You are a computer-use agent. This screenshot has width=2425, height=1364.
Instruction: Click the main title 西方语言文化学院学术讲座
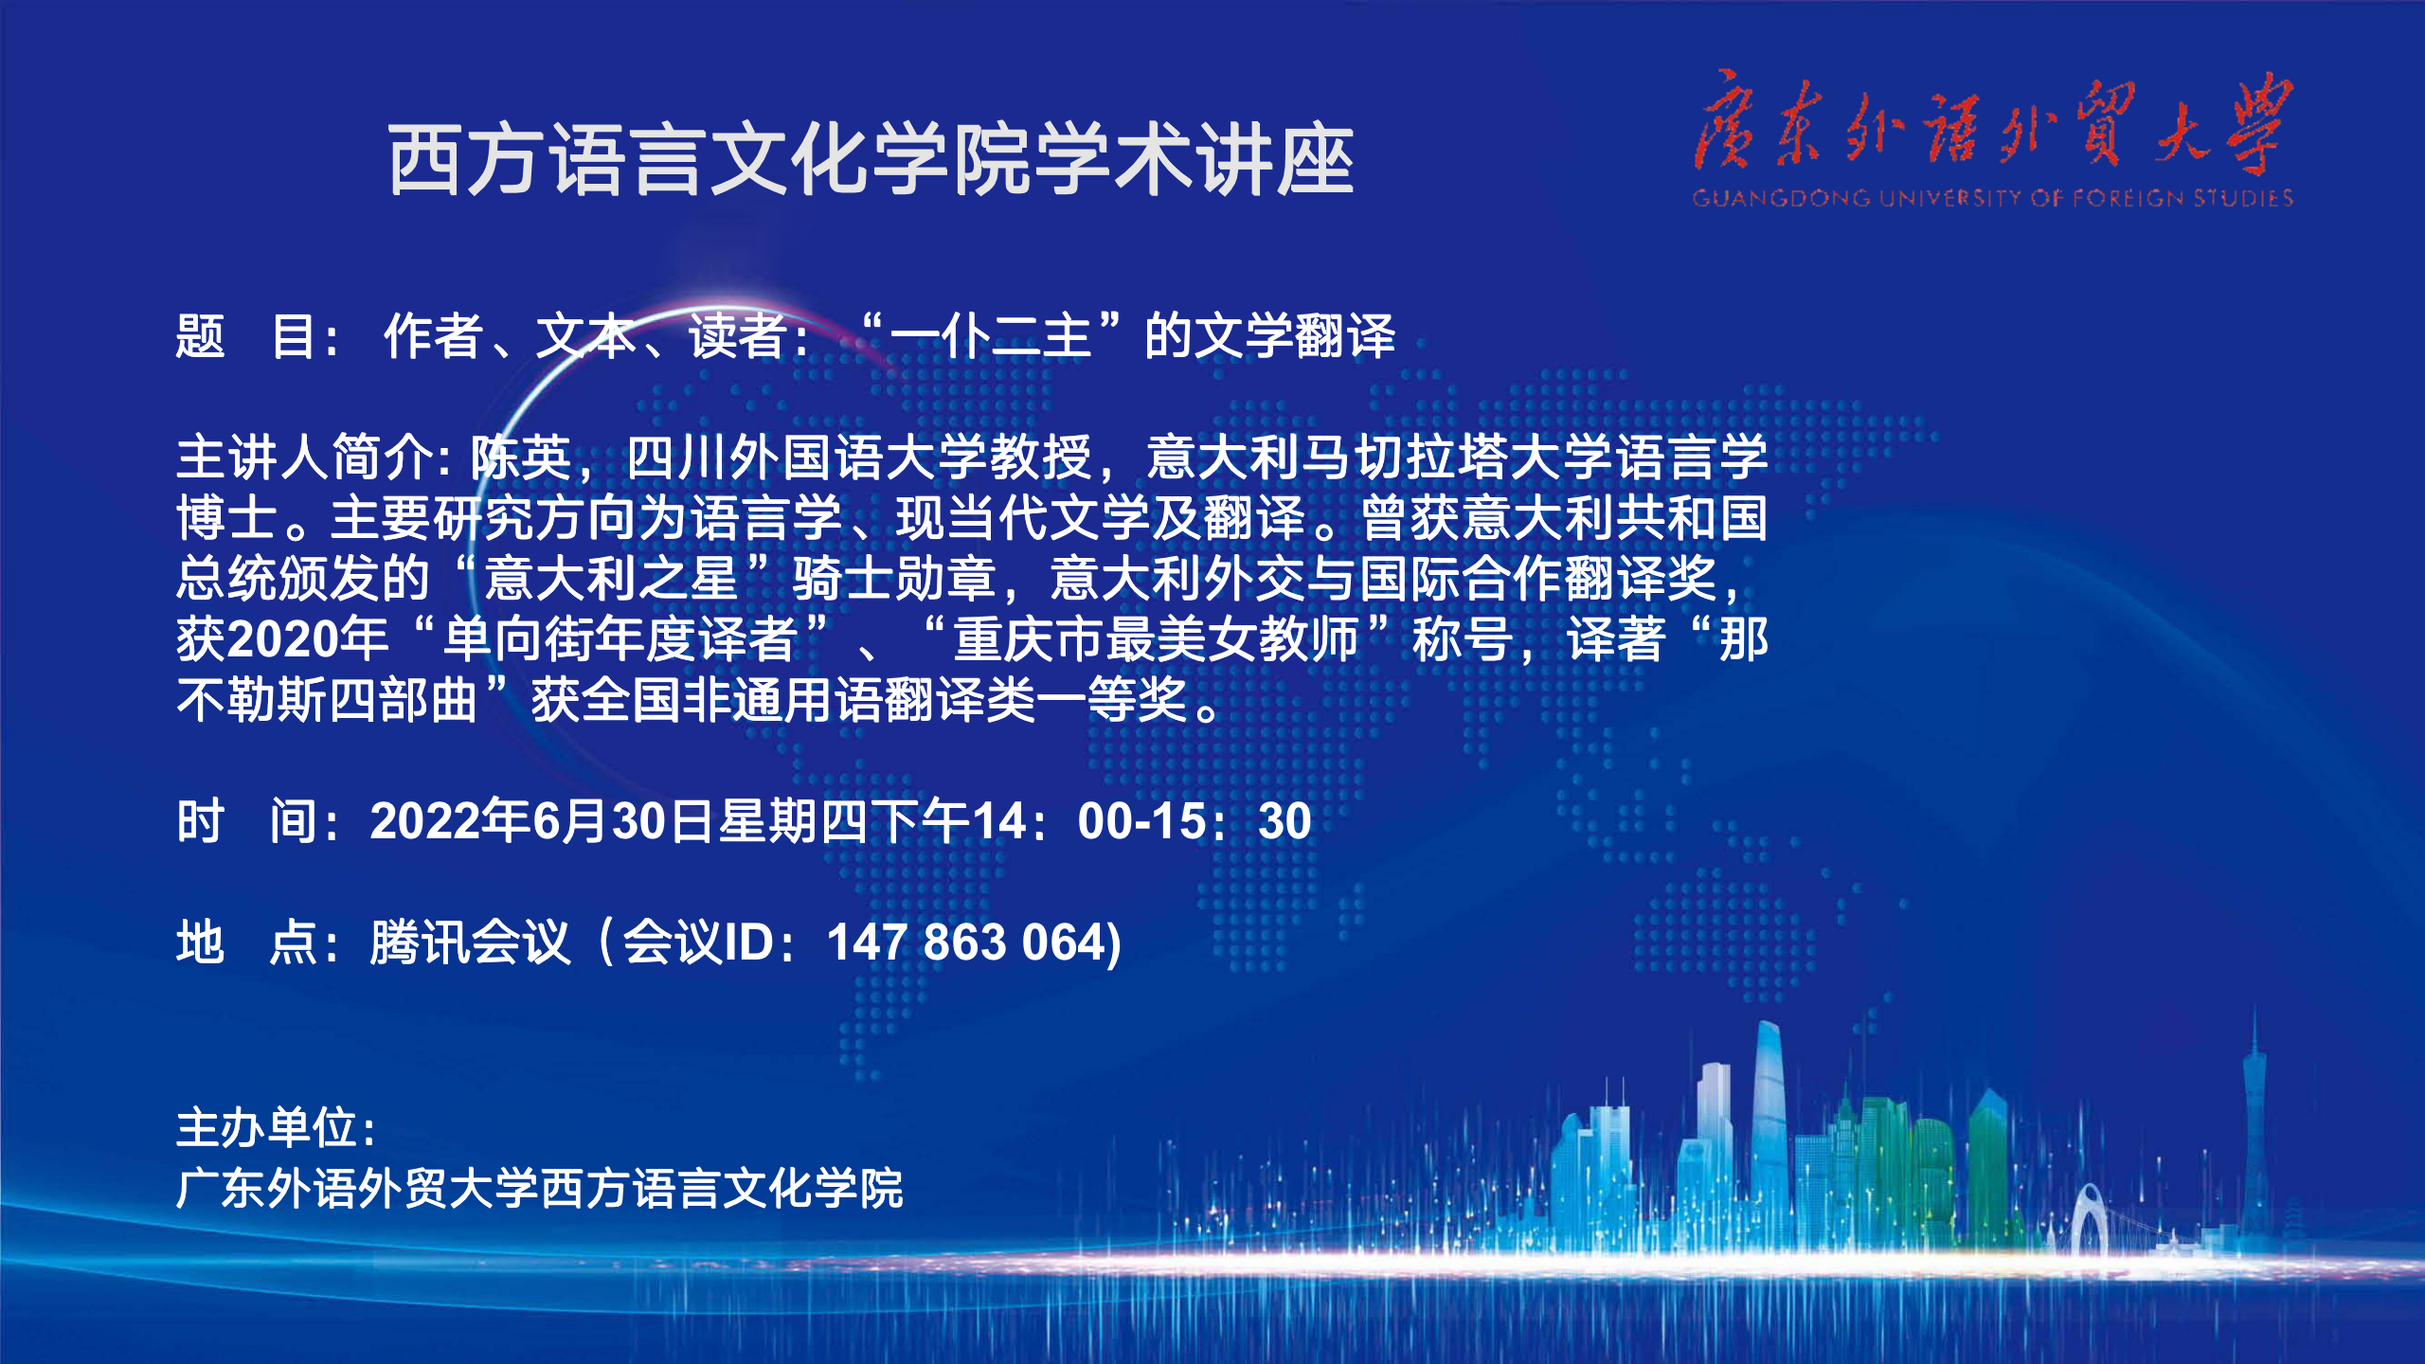871,161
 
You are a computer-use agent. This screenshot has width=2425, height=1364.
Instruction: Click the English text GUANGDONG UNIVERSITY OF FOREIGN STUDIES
1992,198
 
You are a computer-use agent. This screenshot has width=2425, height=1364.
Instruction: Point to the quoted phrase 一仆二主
991,336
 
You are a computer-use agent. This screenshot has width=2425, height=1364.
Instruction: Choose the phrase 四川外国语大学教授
859,458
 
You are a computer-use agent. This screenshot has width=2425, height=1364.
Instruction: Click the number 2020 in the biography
283,640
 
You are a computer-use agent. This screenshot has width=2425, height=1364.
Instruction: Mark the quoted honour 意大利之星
611,579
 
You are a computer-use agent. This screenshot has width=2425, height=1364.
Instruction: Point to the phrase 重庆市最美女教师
1156,639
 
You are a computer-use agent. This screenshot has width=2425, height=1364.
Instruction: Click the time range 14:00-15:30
1141,820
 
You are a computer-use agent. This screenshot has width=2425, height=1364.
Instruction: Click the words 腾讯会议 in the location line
471,942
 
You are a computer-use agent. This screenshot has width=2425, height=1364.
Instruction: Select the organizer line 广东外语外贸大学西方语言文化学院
540,1189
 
